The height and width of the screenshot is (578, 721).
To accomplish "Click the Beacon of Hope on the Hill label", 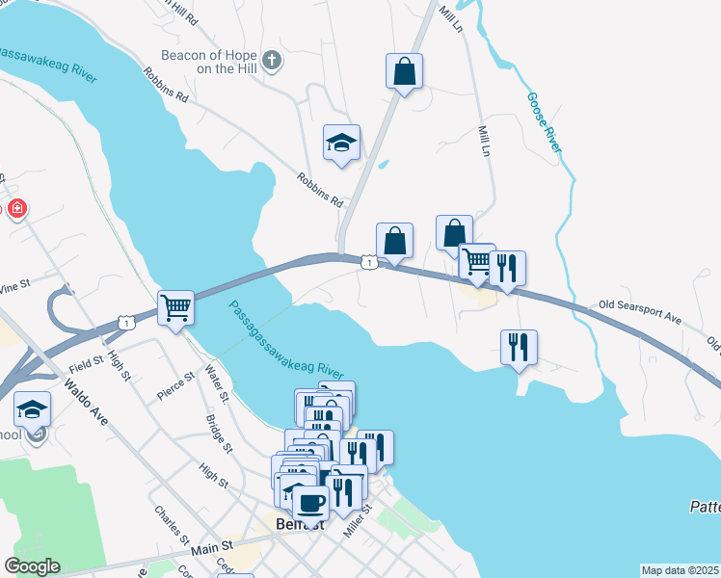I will point(211,62).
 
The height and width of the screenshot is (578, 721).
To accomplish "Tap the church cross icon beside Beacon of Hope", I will point(272,62).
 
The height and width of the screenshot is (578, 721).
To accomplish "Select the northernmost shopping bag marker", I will point(404,72).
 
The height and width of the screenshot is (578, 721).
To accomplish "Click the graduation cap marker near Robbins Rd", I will point(340,144).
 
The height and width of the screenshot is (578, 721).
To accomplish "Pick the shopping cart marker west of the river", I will point(176,309).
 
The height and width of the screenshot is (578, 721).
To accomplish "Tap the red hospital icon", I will point(16,209).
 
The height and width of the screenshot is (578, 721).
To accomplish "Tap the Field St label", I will point(86,364).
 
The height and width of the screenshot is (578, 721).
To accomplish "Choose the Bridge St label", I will point(219,433).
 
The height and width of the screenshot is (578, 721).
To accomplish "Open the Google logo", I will point(32,566).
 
